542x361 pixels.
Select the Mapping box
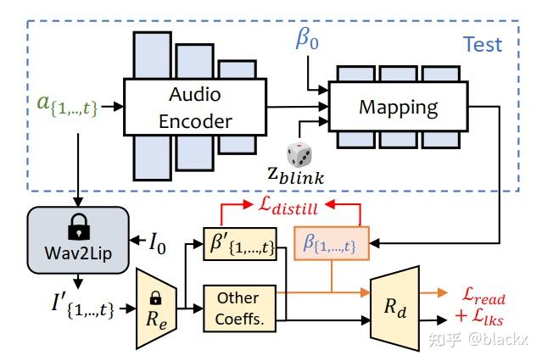click(398, 107)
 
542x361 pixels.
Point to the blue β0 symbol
click(307, 39)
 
